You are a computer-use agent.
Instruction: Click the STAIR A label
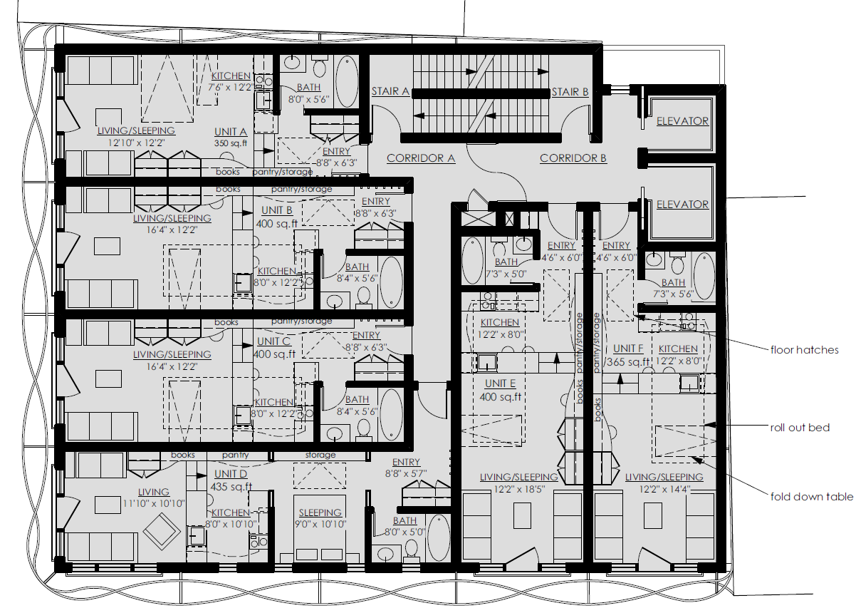[390, 91]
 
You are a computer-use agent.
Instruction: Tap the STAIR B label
[570, 91]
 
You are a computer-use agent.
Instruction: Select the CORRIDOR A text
[421, 158]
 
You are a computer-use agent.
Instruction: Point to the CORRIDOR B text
[573, 158]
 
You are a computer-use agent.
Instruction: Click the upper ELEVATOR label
[682, 121]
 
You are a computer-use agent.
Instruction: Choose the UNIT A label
[231, 132]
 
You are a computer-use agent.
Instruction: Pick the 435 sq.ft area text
[231, 487]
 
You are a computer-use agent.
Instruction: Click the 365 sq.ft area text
[627, 362]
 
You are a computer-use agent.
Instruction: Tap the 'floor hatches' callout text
[804, 350]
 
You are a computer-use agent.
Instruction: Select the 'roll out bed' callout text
[800, 428]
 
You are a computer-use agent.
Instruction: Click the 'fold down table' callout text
[811, 496]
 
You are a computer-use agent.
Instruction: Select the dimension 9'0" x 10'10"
[320, 524]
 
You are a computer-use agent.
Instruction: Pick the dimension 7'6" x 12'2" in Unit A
[229, 87]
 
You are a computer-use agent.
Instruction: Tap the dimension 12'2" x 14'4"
[664, 490]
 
